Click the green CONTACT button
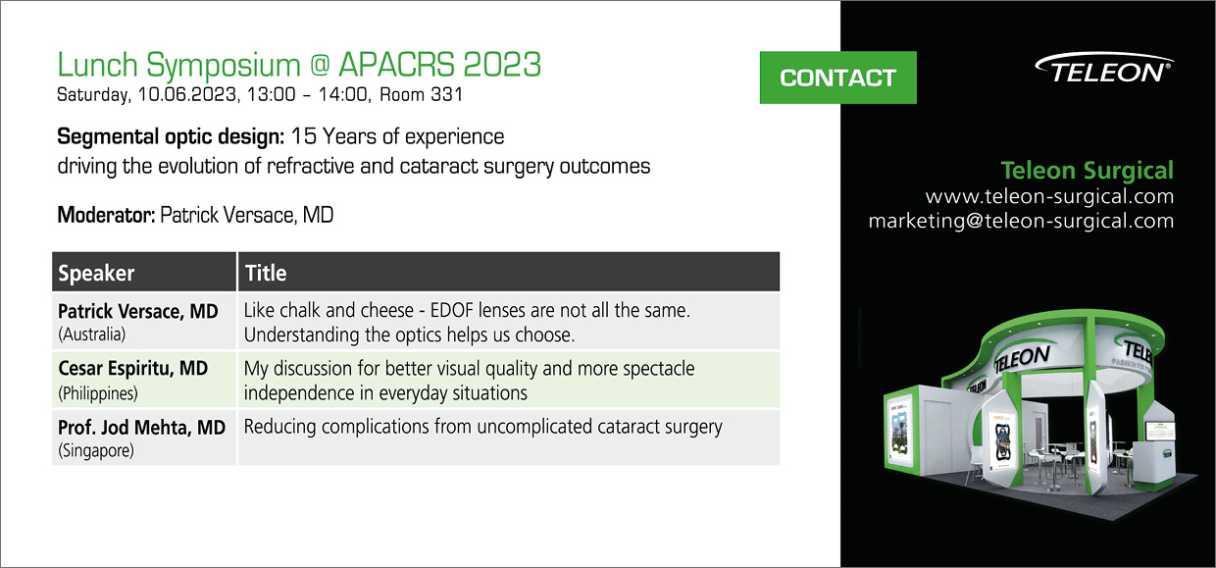tap(837, 77)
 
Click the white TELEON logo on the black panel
tap(1104, 69)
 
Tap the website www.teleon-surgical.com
tap(1049, 196)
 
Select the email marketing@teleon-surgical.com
tap(1021, 221)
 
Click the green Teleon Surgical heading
tap(1087, 170)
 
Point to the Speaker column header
tap(96, 273)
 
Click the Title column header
tap(266, 273)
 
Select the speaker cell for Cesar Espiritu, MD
tap(144, 380)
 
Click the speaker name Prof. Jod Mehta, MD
tap(141, 428)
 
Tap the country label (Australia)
tap(92, 335)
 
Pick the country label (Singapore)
tap(95, 450)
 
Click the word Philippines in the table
tap(98, 393)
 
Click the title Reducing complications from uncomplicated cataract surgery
tap(482, 427)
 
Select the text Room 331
tap(421, 94)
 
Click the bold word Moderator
tap(106, 215)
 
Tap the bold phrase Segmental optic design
tap(171, 136)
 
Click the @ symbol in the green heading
tap(321, 65)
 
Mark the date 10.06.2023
tap(187, 94)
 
